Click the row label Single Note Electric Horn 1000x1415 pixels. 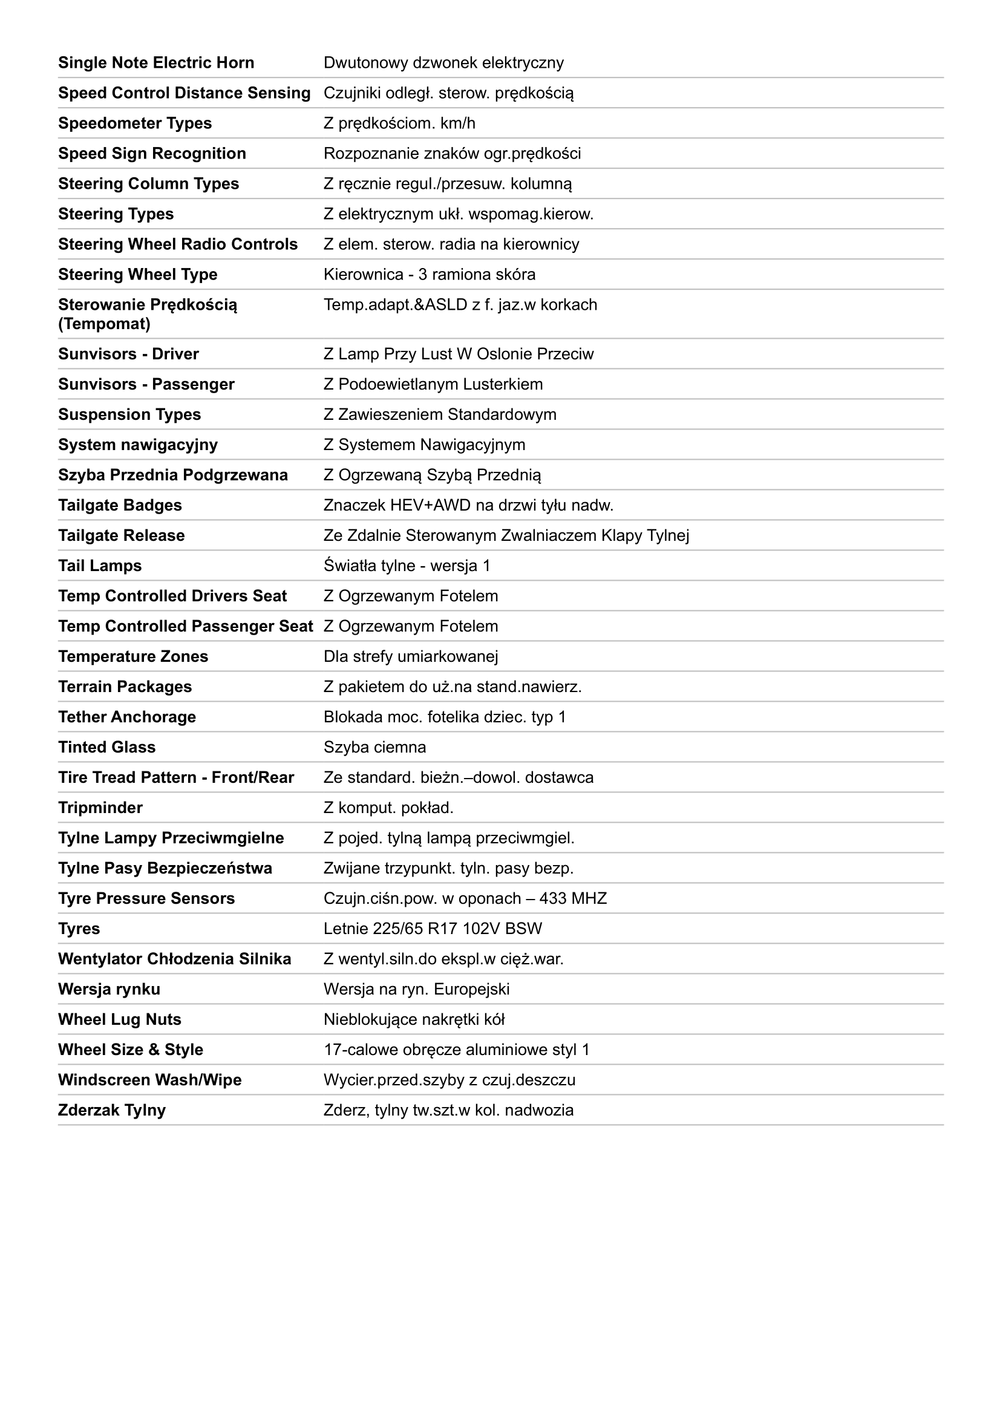point(156,63)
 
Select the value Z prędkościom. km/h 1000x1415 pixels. point(399,123)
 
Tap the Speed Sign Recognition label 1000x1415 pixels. point(152,154)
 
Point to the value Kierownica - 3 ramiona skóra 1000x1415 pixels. point(429,274)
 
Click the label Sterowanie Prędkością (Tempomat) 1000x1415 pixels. point(147,314)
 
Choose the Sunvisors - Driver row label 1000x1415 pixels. point(128,354)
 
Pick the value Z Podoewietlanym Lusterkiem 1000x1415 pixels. point(433,384)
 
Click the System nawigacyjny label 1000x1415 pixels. point(137,445)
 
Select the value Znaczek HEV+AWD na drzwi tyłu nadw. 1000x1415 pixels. point(468,505)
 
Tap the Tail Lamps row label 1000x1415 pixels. point(100,566)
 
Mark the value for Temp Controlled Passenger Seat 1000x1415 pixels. point(410,626)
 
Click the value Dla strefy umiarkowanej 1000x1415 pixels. point(410,656)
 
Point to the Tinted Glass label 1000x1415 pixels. point(106,747)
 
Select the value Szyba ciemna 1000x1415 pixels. point(374,747)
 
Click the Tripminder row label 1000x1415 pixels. point(100,808)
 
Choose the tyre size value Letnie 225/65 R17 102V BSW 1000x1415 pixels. point(433,928)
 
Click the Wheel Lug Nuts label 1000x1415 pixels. point(120,1019)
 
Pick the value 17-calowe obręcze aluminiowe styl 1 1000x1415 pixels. point(456,1050)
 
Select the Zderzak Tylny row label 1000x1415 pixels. point(111,1110)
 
